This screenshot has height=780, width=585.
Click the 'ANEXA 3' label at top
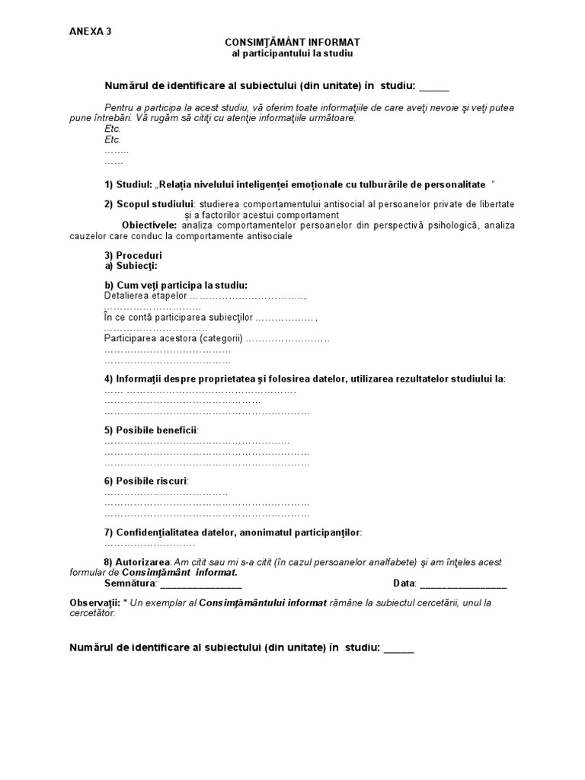tap(90, 31)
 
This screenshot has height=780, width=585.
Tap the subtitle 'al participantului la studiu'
tap(292, 54)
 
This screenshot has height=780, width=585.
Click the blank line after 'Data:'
tap(462, 584)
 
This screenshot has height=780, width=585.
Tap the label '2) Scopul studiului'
tap(149, 204)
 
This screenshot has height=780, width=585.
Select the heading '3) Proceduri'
tap(133, 255)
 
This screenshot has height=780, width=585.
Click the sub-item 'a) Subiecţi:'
tap(131, 266)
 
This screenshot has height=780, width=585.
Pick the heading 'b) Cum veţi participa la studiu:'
tap(176, 285)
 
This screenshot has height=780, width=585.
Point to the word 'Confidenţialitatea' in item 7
tap(156, 532)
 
